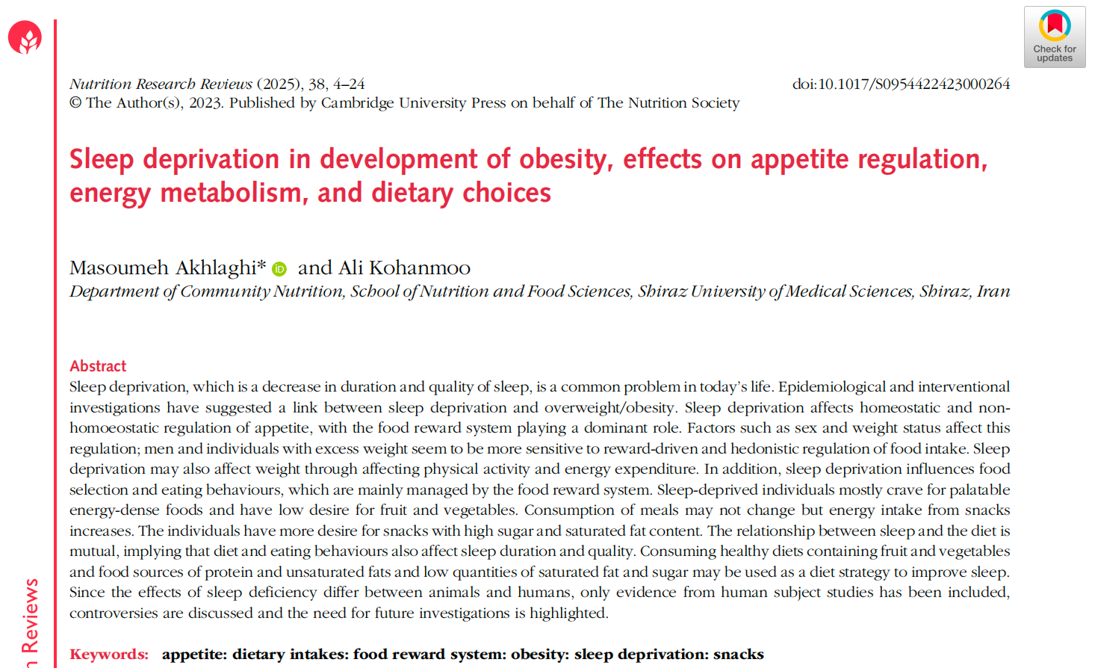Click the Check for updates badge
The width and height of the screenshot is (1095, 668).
[x=1054, y=37]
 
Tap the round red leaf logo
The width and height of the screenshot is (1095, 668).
[x=25, y=37]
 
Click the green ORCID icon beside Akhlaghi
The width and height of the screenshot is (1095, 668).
[x=279, y=269]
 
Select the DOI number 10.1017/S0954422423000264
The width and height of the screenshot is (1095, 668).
[x=913, y=84]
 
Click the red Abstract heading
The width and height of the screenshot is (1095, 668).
[x=98, y=366]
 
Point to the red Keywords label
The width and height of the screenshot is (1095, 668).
[x=109, y=655]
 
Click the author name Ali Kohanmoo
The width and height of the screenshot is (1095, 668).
[x=404, y=267]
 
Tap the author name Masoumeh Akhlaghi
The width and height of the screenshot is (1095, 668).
[x=167, y=267]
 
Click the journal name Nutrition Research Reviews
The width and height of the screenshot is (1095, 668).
[x=161, y=84]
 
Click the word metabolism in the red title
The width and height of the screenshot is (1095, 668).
[x=231, y=193]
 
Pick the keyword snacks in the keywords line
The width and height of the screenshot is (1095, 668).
[x=738, y=655]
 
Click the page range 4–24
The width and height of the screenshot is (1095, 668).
[x=349, y=84]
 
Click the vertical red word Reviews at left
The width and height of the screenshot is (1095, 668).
[x=30, y=615]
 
